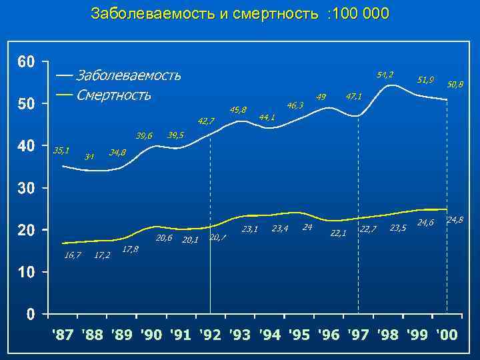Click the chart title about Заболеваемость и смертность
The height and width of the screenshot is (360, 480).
(x=240, y=13)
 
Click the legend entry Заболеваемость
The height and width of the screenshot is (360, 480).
(x=128, y=74)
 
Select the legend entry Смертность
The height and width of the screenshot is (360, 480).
(x=113, y=94)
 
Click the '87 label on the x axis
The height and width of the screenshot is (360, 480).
(x=64, y=334)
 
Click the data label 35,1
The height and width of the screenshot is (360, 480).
(x=62, y=151)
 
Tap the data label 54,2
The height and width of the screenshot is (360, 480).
(x=385, y=73)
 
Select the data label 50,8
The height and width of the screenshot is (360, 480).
(x=455, y=85)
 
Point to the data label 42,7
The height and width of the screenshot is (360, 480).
(x=206, y=121)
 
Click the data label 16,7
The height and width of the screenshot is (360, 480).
(x=73, y=255)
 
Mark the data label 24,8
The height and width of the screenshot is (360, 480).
(x=455, y=219)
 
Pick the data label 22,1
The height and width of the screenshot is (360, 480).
(x=339, y=233)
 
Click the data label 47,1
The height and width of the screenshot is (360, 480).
(x=353, y=97)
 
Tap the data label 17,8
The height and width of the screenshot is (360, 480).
(x=131, y=249)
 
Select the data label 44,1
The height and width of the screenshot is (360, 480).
(x=267, y=117)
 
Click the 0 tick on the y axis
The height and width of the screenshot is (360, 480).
(x=31, y=314)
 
